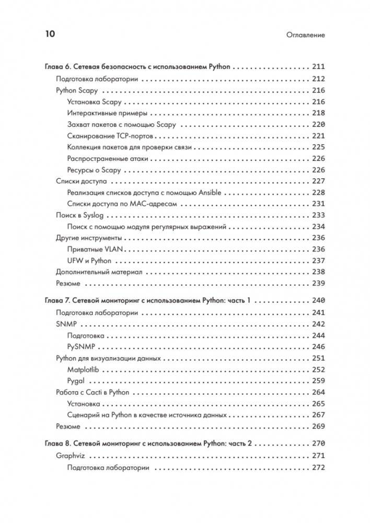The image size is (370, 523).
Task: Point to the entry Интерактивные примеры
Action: pos(107,113)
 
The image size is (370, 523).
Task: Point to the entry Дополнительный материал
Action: pos(99,272)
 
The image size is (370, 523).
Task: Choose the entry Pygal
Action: pos(76,381)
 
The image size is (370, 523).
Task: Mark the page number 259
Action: pos(318,381)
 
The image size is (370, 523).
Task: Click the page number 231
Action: pos(318,204)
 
